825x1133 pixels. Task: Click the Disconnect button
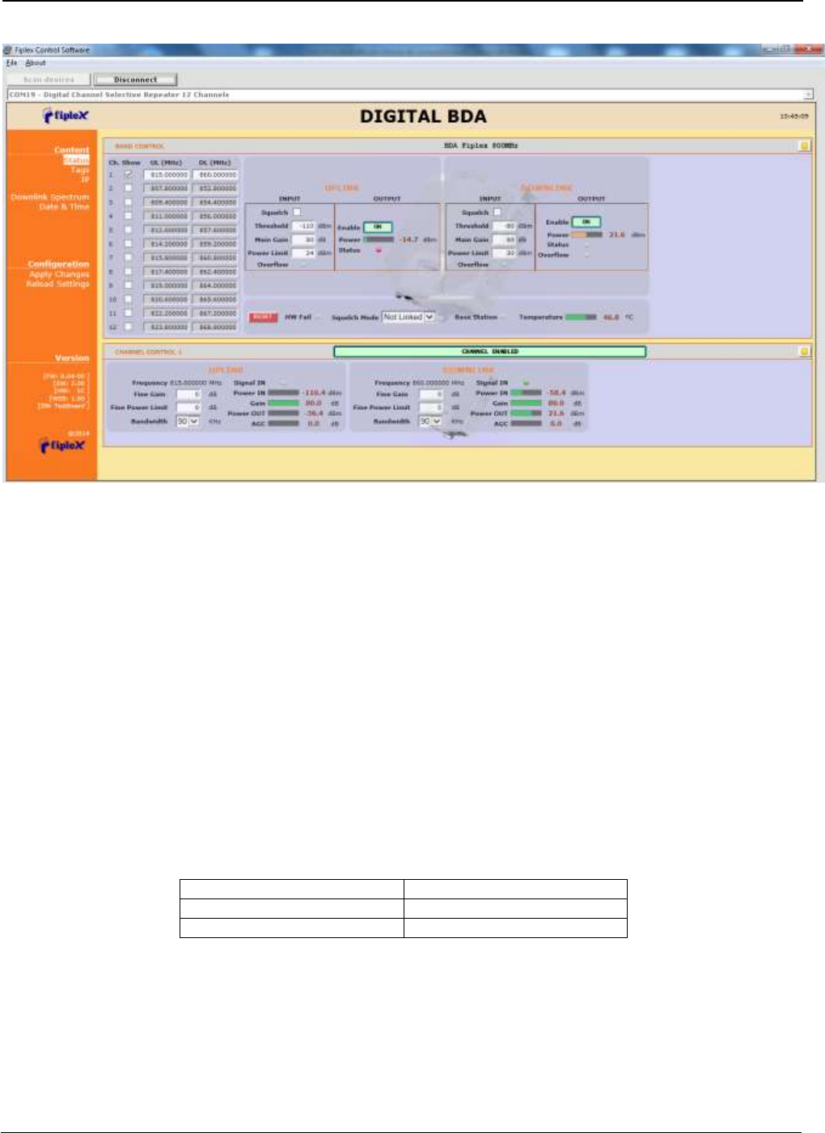[x=135, y=79]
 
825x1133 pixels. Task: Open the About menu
[x=36, y=62]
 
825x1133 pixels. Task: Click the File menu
[x=11, y=62]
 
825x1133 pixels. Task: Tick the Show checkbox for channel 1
[x=128, y=174]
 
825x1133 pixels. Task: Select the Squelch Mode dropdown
[x=408, y=317]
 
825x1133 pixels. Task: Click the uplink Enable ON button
[x=377, y=227]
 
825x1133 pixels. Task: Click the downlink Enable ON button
[x=586, y=222]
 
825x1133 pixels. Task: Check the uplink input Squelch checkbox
[x=297, y=212]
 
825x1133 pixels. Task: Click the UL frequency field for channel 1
[x=167, y=175]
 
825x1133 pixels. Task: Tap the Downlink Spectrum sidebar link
[x=50, y=197]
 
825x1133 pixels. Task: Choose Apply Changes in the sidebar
[x=59, y=274]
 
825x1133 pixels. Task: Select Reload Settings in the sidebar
[x=57, y=284]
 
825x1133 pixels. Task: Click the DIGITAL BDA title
[x=423, y=116]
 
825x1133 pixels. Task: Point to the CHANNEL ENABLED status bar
[x=489, y=352]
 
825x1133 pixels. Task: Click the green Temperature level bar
[x=581, y=317]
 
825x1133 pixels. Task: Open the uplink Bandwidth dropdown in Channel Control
[x=188, y=421]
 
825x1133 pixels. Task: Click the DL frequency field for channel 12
[x=215, y=328]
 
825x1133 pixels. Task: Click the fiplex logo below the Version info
[x=62, y=446]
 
